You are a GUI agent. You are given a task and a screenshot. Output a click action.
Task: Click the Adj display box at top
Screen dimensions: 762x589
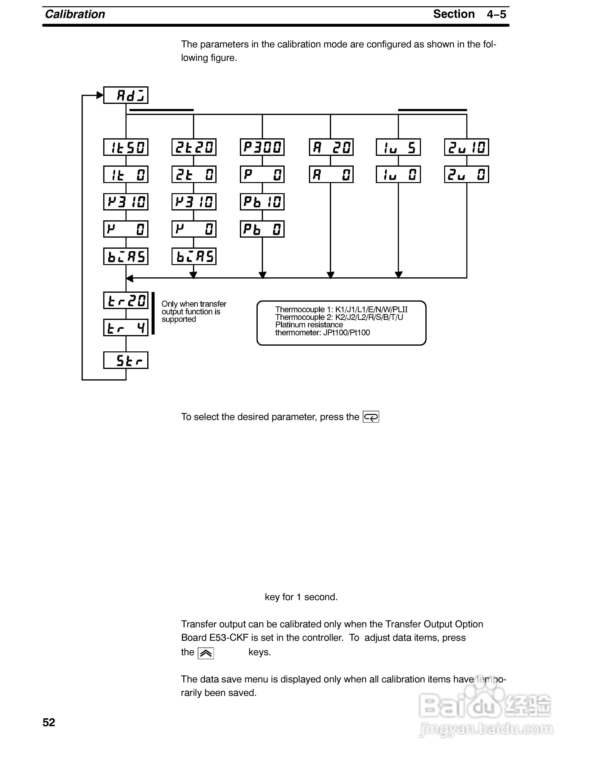click(126, 95)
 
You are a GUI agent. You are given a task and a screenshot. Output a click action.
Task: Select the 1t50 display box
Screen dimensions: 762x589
click(126, 147)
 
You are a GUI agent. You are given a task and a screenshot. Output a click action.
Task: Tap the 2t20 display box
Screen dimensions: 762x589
click(194, 147)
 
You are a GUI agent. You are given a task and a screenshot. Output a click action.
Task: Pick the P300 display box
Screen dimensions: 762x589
click(262, 147)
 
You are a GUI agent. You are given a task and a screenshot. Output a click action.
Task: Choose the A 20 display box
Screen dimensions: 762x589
click(331, 147)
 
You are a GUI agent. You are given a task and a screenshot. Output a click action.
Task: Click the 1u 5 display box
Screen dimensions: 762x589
click(398, 147)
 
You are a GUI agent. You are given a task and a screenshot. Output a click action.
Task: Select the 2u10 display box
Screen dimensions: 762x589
click(467, 147)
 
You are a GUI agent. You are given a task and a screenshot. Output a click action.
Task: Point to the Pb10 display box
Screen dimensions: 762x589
click(262, 202)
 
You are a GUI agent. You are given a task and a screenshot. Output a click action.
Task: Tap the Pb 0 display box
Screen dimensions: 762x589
click(262, 229)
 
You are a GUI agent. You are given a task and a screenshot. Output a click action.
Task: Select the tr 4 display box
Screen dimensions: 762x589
click(126, 328)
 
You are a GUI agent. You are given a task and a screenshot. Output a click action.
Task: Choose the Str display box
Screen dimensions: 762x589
click(126, 360)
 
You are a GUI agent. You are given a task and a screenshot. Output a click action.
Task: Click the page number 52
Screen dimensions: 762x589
click(49, 722)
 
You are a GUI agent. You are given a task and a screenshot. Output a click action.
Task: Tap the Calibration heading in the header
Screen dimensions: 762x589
click(75, 14)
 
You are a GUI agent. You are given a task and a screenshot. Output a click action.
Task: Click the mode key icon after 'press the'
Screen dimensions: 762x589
click(371, 417)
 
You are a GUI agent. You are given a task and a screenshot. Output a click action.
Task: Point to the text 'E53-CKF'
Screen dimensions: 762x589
click(229, 638)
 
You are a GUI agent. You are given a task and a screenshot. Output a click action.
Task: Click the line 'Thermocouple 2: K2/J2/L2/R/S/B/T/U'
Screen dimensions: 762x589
click(339, 317)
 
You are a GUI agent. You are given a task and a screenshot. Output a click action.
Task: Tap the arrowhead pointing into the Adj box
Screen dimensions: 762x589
click(100, 95)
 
